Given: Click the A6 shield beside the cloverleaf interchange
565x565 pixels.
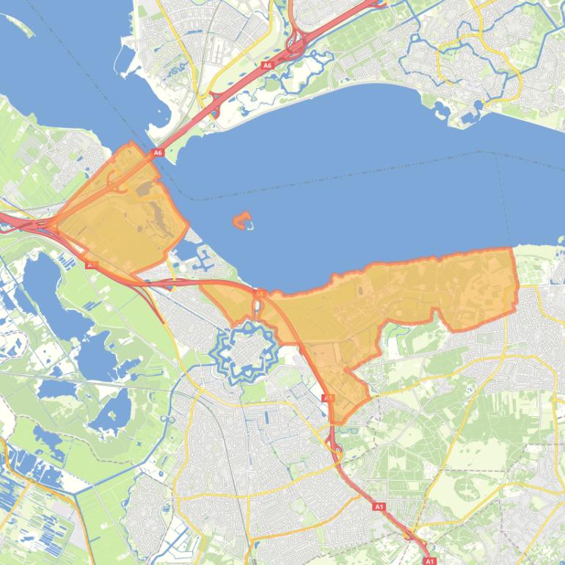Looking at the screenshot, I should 267,65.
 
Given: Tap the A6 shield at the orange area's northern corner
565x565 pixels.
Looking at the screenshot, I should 157,153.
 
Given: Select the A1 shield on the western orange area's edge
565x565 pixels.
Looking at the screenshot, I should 92,264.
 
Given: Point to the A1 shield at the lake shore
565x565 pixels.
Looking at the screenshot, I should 258,294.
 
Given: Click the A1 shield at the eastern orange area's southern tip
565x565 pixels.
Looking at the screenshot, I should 328,398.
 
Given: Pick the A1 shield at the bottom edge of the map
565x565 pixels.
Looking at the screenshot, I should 430,561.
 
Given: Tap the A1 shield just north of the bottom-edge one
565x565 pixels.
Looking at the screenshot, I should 379,506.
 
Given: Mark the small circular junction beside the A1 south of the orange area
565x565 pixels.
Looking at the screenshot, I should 338,449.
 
